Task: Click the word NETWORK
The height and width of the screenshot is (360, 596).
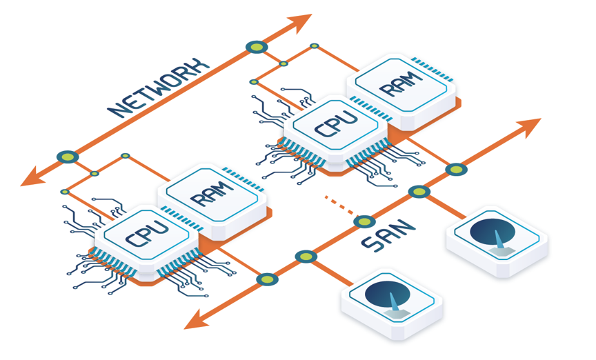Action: click(x=159, y=88)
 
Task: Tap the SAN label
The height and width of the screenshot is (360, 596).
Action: click(x=388, y=236)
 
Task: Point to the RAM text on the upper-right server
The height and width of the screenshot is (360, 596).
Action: click(x=401, y=83)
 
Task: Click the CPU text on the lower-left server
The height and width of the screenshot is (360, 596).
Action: click(x=147, y=233)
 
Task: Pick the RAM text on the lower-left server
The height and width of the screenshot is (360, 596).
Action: click(x=212, y=194)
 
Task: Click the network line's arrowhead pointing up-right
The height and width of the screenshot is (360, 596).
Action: click(x=300, y=23)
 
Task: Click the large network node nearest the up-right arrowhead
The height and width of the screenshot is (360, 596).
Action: click(x=257, y=47)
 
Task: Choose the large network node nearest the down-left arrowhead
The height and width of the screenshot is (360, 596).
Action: click(x=68, y=157)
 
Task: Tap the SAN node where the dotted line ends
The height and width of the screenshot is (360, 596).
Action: click(x=364, y=221)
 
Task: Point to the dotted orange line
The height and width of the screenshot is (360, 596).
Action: click(x=339, y=206)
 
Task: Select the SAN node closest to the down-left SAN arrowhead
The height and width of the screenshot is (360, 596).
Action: click(x=267, y=279)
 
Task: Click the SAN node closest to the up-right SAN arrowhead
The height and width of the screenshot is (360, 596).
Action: click(x=456, y=169)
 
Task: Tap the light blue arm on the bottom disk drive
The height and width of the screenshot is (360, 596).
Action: click(x=394, y=301)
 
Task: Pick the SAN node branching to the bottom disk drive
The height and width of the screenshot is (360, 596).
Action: click(x=306, y=257)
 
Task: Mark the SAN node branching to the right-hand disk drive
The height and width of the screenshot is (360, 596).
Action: click(x=419, y=192)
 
